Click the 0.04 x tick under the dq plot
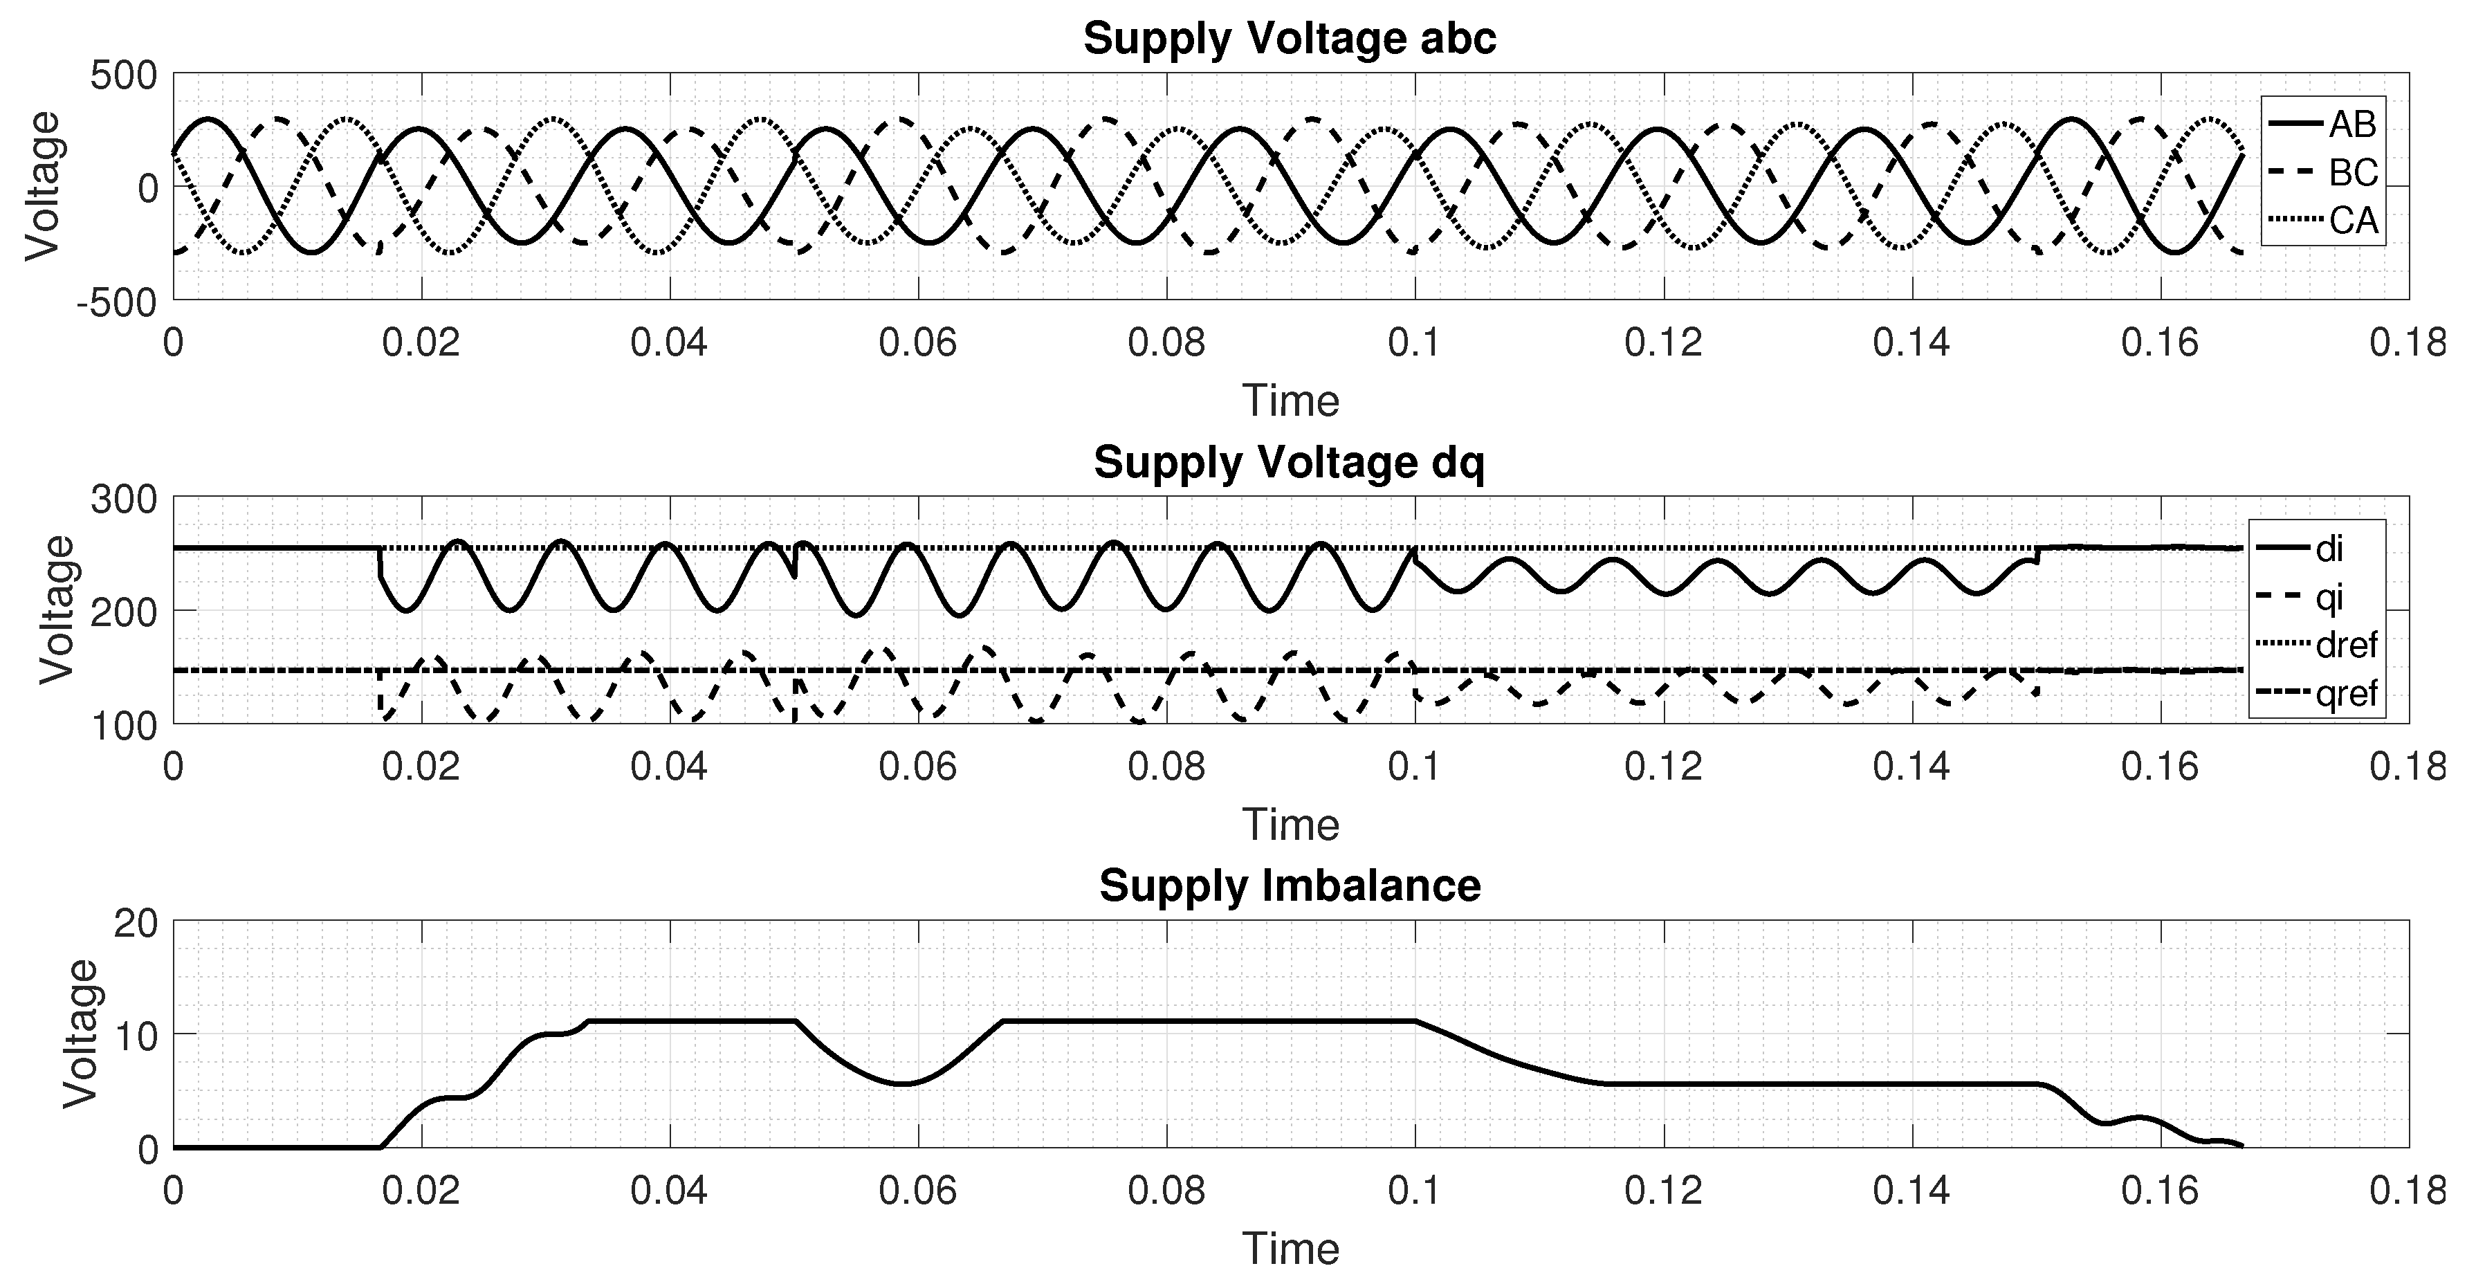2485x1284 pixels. click(670, 768)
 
